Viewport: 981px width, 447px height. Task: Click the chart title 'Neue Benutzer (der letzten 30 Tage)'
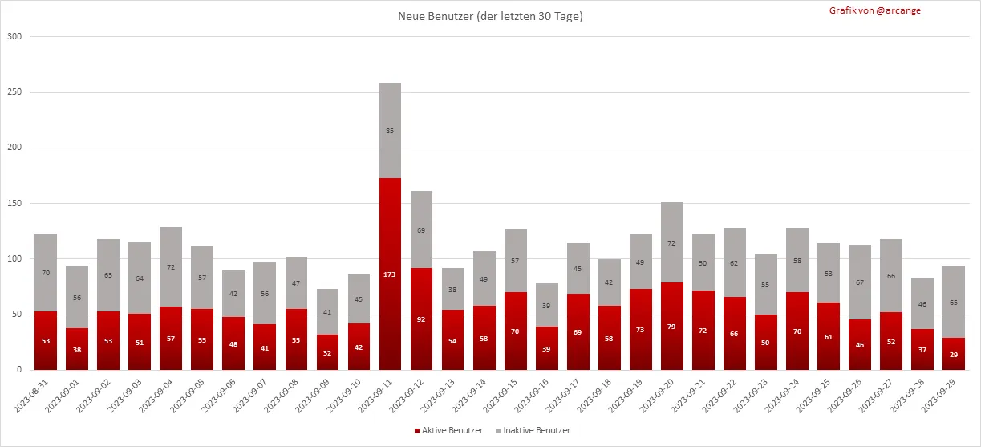tap(490, 17)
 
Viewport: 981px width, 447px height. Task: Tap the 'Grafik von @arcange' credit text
tap(863, 10)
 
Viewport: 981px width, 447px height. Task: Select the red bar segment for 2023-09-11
tap(390, 241)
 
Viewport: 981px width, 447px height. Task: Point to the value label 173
tap(390, 274)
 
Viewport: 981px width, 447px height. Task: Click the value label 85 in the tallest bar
tap(390, 131)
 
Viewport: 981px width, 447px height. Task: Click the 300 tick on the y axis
tap(14, 37)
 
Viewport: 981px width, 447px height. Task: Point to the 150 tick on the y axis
tap(14, 204)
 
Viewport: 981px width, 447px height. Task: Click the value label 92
tap(421, 319)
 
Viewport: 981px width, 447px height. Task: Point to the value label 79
tap(672, 326)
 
